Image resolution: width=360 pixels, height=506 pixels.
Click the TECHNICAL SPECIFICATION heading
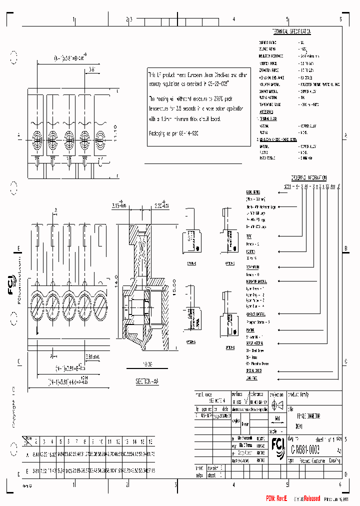coord(291,31)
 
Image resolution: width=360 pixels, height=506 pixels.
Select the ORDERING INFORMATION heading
coord(309,177)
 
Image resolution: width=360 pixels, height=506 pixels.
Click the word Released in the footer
coord(310,498)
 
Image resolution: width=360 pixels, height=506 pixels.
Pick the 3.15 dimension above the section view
coord(118,205)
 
